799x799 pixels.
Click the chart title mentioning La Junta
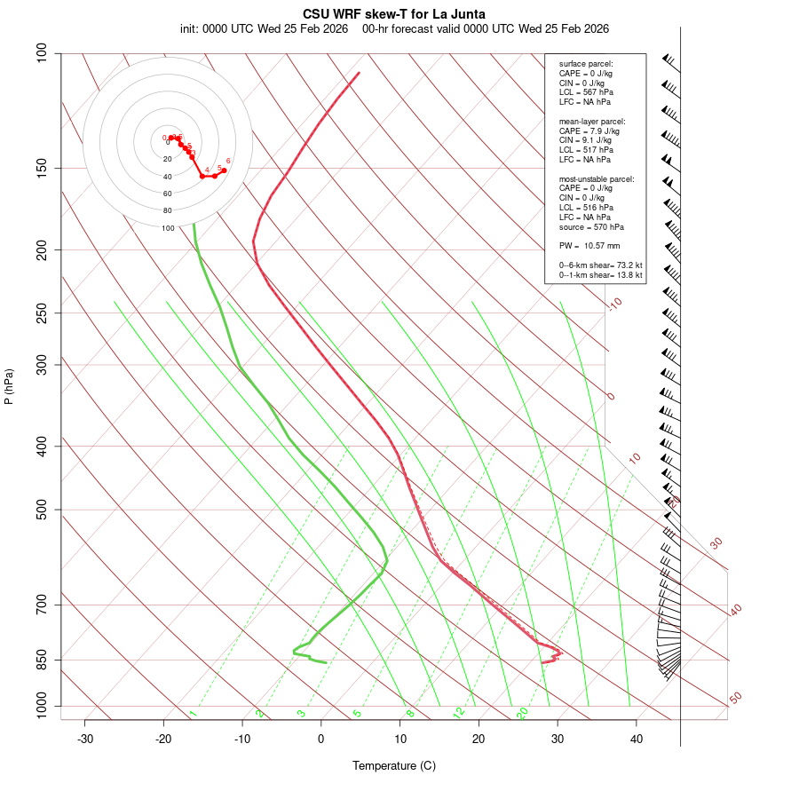393,14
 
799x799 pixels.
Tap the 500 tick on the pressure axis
41,510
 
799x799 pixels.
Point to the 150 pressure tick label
41,168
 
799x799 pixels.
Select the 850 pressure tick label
41,660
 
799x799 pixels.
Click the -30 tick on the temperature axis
85,739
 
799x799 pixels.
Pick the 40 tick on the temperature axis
637,739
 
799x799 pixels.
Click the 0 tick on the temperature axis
321,739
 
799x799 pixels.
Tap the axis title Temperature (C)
393,765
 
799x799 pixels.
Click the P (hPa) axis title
9,387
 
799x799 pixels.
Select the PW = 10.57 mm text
589,246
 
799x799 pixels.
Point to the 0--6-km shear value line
600,265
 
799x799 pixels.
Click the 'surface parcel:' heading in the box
585,64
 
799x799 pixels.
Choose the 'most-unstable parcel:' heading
597,178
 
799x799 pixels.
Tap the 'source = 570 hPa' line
590,226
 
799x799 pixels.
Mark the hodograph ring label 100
168,228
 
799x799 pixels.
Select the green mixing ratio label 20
522,712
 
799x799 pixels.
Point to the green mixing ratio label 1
193,714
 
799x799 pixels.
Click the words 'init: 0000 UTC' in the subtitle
217,28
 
